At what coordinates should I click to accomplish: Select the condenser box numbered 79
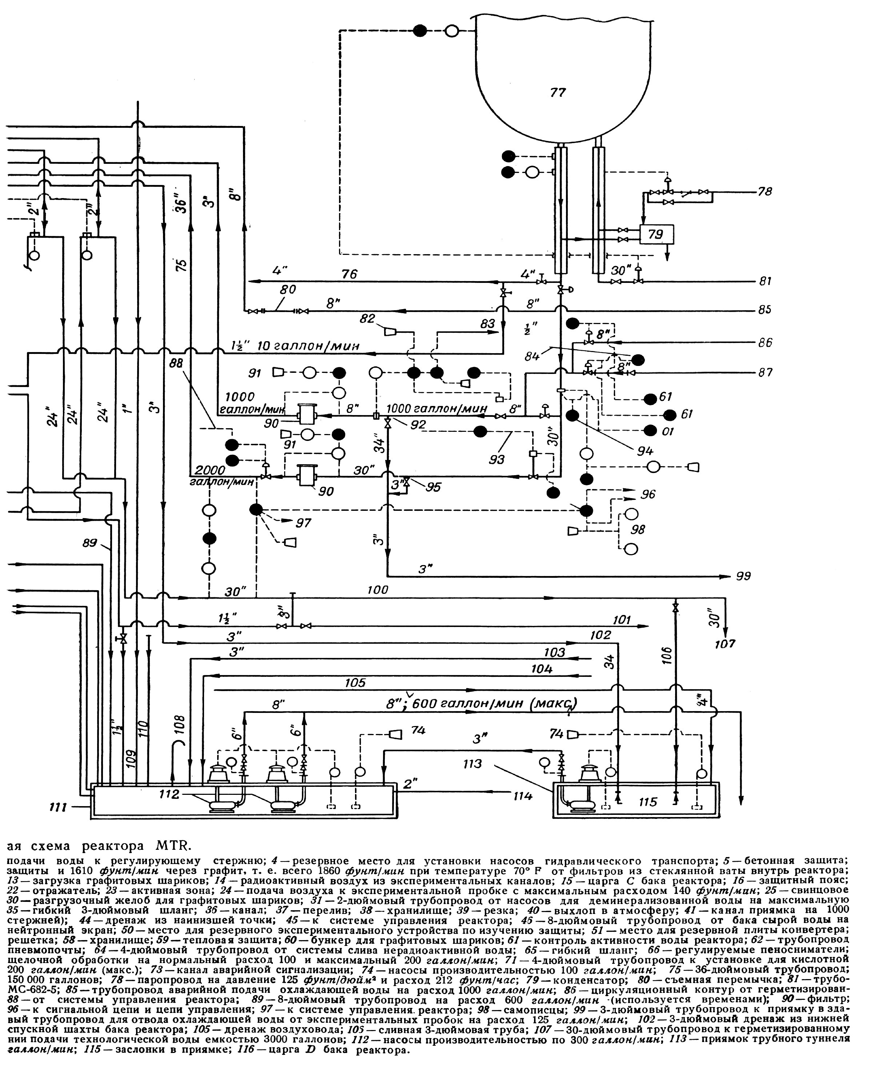click(656, 234)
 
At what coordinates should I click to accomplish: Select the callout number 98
click(638, 529)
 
